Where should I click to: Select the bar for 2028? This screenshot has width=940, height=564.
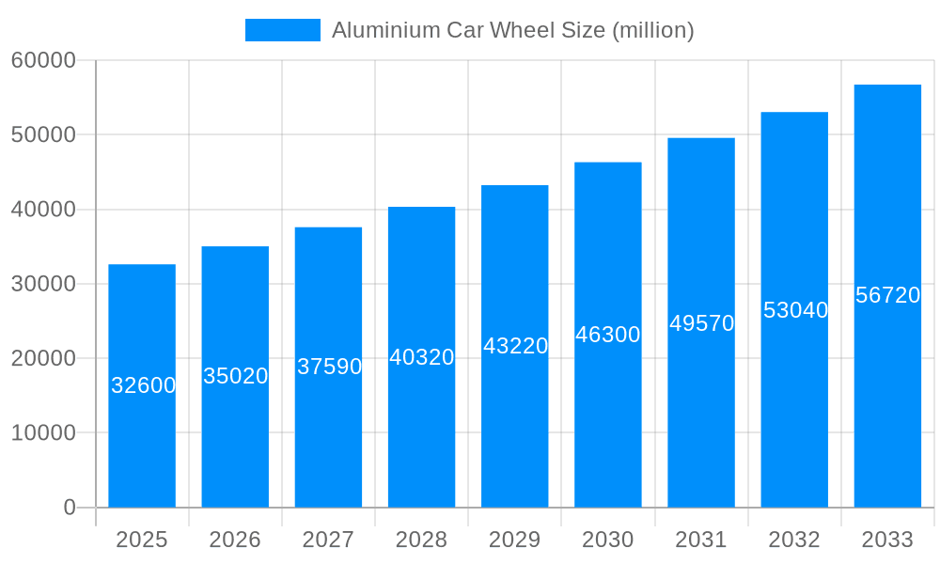421,432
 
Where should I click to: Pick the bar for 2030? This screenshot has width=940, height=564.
607,423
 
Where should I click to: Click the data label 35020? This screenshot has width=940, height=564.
236,376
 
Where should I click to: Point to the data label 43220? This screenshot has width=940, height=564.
515,346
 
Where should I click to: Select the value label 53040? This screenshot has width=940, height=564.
795,310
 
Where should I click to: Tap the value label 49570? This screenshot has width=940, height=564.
701,323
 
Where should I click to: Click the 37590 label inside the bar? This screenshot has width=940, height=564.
329,367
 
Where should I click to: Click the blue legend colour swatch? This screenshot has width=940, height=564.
282,30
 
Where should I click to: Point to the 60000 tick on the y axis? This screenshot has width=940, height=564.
43,60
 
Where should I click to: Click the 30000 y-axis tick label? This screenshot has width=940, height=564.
43,284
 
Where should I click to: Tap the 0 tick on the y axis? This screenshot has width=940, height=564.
70,508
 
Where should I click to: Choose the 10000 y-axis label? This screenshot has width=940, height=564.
43,433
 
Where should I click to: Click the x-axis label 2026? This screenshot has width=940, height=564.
235,540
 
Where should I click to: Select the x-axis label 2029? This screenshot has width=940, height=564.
514,540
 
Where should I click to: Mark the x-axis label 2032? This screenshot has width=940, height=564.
794,540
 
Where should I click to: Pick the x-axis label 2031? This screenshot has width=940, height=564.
701,540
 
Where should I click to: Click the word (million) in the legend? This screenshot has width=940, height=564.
652,30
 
